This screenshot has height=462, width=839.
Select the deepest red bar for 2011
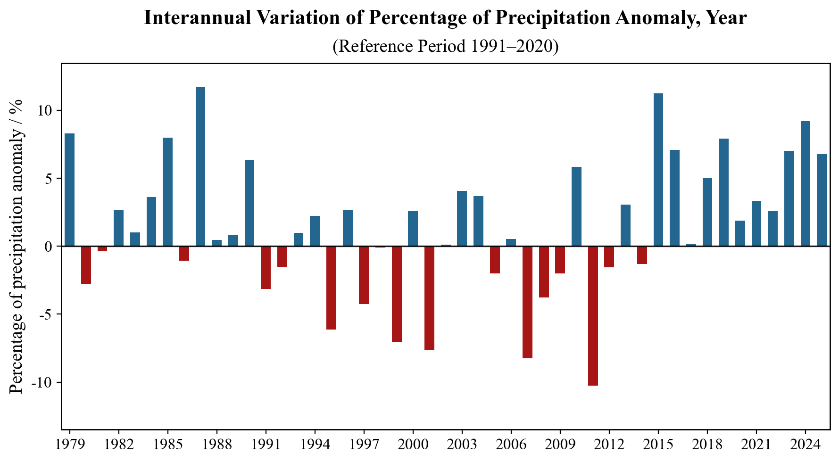click(x=593, y=316)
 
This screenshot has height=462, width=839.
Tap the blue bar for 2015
click(x=658, y=170)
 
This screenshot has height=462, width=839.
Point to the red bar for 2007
click(x=527, y=302)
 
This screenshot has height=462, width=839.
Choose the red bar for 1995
click(x=331, y=288)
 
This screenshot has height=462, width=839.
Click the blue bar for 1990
click(x=249, y=203)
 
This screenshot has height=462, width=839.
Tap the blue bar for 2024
click(x=806, y=184)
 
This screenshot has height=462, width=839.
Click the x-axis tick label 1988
click(x=216, y=445)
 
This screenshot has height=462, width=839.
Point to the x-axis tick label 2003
click(x=462, y=445)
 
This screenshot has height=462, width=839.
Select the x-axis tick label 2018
click(x=707, y=445)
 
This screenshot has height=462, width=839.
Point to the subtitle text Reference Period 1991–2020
click(x=446, y=46)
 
